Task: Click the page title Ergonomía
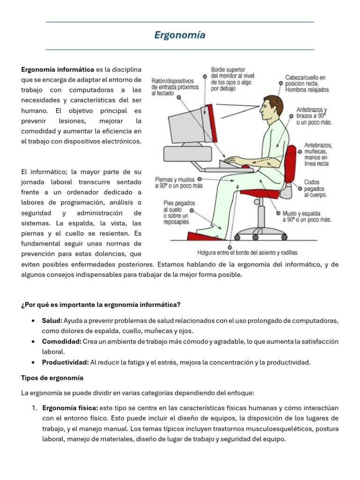point(180,35)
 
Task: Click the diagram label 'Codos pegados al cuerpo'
point(315,188)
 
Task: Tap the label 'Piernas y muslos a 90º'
point(179,182)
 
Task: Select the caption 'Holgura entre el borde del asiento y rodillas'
point(247,253)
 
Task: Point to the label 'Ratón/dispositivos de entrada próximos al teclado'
point(175,87)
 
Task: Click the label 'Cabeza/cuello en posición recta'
point(307,83)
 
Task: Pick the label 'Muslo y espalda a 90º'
point(307,217)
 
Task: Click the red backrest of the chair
point(290,164)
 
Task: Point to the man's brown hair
point(275,104)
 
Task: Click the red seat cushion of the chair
point(260,194)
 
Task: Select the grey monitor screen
point(187,126)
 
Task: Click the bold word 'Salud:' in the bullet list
point(52,321)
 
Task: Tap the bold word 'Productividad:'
point(65,362)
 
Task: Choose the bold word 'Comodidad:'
point(61,341)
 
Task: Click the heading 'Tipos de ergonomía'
point(52,378)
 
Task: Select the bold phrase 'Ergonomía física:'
point(70,408)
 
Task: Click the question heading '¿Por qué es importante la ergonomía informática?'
point(101,305)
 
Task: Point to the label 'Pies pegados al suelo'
point(179,212)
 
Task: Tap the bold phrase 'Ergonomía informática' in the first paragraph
point(58,69)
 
